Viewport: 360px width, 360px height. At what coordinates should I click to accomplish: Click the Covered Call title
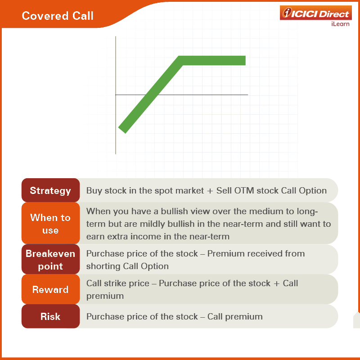(x=58, y=16)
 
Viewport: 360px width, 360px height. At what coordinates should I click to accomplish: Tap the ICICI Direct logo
(x=316, y=13)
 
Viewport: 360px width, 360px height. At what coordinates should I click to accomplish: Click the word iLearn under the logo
(x=340, y=24)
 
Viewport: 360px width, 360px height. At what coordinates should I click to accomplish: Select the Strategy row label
(x=50, y=190)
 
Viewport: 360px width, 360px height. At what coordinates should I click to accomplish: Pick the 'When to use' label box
(x=50, y=223)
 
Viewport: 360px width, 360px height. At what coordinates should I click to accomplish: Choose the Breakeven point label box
(x=50, y=260)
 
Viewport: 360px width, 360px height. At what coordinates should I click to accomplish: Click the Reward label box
(x=50, y=289)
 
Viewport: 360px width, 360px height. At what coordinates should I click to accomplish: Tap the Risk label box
(x=50, y=316)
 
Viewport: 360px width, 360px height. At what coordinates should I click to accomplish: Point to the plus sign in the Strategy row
(x=210, y=191)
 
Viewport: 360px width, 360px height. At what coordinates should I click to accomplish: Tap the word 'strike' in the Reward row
(x=115, y=283)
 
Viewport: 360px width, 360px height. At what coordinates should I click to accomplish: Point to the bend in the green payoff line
(x=181, y=61)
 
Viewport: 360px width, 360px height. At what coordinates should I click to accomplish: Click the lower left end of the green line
(x=122, y=130)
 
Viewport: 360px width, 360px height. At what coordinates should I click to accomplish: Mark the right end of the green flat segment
(x=245, y=61)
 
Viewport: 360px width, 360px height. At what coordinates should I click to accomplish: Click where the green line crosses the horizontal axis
(x=152, y=94)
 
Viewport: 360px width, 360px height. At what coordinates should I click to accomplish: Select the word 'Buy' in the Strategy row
(x=94, y=191)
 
